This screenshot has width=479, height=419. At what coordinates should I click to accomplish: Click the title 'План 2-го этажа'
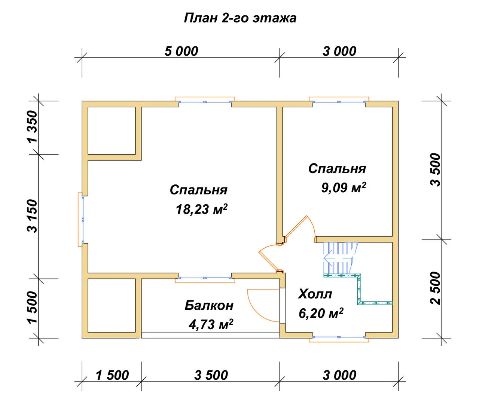click(x=240, y=18)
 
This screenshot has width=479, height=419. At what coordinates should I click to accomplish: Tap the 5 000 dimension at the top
click(x=181, y=51)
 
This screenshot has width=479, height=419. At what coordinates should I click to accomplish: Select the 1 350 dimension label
click(x=32, y=127)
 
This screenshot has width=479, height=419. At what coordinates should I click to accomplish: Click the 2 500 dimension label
click(x=436, y=288)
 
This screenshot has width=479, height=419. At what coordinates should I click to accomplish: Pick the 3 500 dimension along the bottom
click(x=211, y=375)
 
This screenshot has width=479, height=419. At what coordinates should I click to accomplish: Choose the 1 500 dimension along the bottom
click(x=112, y=375)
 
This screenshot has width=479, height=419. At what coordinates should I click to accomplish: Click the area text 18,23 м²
click(x=202, y=209)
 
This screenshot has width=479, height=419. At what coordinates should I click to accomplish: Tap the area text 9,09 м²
click(x=344, y=187)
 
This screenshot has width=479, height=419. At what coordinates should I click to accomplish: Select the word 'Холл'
click(x=315, y=294)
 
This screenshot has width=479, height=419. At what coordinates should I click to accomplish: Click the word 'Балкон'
click(x=209, y=305)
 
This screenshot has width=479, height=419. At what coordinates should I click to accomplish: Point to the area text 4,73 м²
click(x=211, y=324)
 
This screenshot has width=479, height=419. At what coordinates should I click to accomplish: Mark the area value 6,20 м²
click(x=321, y=313)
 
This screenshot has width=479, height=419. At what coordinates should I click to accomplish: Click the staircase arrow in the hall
click(x=338, y=258)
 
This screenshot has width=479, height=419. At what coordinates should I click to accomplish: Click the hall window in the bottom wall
click(x=339, y=337)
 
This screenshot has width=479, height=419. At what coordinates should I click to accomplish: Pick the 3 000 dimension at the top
click(x=339, y=51)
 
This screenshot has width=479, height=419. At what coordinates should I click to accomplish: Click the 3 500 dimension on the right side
click(x=436, y=169)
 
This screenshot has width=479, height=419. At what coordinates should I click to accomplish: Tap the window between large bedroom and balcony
click(x=205, y=278)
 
